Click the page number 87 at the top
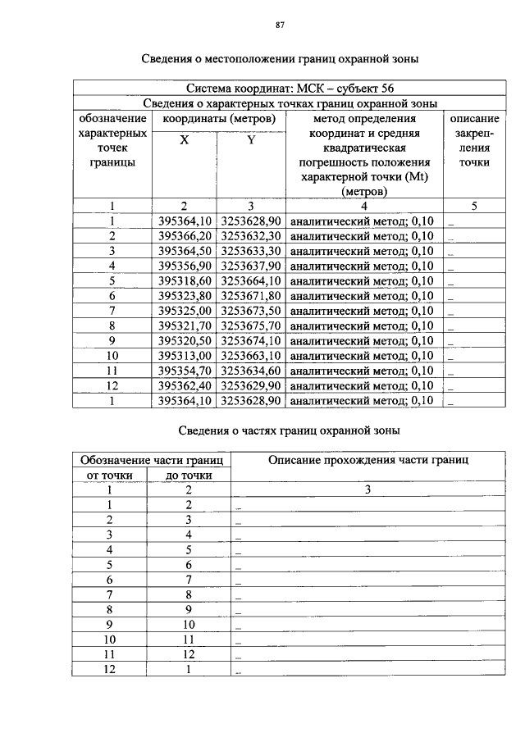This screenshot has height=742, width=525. pos(280,25)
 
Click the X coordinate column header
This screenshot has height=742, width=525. pos(185,140)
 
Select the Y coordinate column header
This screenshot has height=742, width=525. pos(250,140)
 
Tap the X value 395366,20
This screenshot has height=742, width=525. pos(185,236)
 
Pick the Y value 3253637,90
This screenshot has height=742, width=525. pos(251,266)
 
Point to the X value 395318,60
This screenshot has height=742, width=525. pos(185,280)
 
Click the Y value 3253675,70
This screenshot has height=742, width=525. pos(251,325)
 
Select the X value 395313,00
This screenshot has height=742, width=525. pos(185,355)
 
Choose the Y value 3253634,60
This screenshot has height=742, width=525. pos(251,371)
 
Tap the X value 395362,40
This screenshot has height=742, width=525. pos(185,385)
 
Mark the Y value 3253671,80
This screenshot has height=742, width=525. pos(251,295)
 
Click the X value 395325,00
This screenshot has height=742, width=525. pos(185,311)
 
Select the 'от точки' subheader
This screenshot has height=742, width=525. pos(110,475)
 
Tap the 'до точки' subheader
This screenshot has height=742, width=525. pos(189,475)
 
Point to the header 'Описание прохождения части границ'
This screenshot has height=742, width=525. pos(368,460)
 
